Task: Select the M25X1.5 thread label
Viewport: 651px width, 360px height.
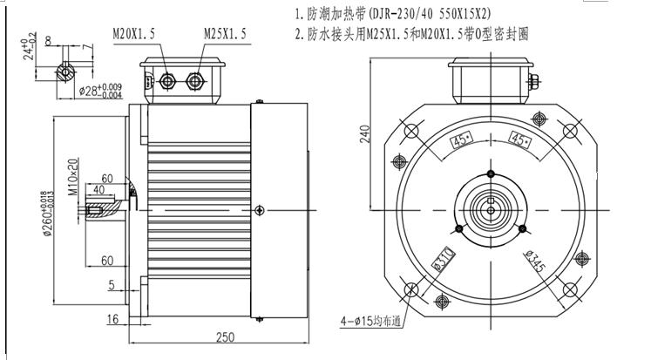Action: (x=226, y=33)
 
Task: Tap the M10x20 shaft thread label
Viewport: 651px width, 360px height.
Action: (x=73, y=175)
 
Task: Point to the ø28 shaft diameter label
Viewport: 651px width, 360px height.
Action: (x=95, y=90)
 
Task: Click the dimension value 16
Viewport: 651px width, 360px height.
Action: (x=112, y=320)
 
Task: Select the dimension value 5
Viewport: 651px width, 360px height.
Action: (x=112, y=284)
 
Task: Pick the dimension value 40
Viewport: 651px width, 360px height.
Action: (x=98, y=189)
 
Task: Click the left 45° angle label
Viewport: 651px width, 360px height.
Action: (x=461, y=141)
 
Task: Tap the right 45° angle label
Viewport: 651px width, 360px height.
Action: (x=520, y=141)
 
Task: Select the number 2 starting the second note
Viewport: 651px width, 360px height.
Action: (x=299, y=35)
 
